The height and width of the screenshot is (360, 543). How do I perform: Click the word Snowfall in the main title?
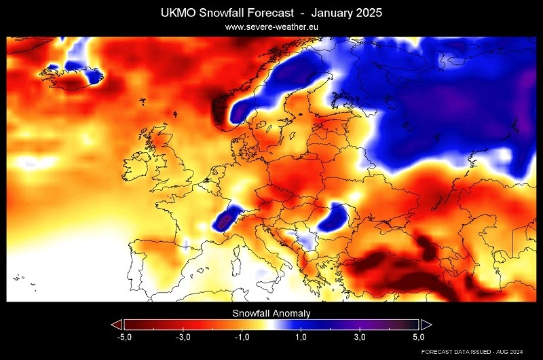click(225, 13)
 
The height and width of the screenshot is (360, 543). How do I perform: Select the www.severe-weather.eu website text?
click(271, 27)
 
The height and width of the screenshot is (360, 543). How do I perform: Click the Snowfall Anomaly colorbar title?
click(271, 313)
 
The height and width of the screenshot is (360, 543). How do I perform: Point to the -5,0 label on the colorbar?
click(124, 337)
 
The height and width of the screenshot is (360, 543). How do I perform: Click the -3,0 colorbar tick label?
click(183, 337)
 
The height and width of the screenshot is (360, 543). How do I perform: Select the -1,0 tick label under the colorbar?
click(242, 337)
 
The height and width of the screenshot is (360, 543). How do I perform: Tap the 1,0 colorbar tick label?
click(301, 337)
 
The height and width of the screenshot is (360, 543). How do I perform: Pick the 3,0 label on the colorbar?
click(360, 337)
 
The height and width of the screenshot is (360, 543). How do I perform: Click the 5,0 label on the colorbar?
click(418, 337)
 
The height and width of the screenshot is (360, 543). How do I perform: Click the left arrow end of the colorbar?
click(117, 324)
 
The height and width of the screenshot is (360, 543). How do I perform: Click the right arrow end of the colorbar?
click(426, 324)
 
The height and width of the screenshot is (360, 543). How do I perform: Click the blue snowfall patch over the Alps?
click(226, 219)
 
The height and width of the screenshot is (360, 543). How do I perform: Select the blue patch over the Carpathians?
click(335, 218)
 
